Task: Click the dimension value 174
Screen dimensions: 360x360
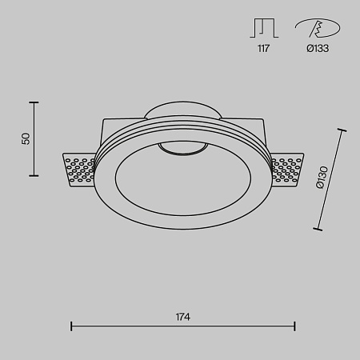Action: [182, 318]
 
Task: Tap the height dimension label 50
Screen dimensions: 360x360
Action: [26, 138]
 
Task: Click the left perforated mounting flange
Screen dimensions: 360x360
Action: [79, 169]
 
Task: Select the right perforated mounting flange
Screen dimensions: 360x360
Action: [286, 169]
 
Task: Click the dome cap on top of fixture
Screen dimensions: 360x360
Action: [182, 110]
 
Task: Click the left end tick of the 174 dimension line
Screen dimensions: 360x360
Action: [71, 326]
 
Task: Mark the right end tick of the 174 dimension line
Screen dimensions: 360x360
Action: [295, 326]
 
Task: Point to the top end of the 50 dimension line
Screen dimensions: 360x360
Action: [34, 102]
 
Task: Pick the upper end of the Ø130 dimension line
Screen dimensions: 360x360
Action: [342, 130]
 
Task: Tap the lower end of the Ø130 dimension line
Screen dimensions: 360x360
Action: [318, 230]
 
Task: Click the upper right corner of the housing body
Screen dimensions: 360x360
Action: [261, 120]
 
